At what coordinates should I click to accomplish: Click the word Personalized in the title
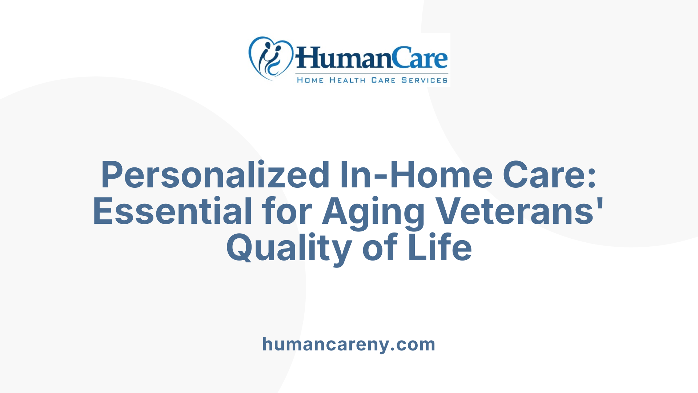pyautogui.click(x=215, y=175)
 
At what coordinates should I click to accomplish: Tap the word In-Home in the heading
pyautogui.click(x=416, y=175)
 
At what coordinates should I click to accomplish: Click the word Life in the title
pyautogui.click(x=440, y=248)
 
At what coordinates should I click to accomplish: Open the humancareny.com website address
pyautogui.click(x=349, y=344)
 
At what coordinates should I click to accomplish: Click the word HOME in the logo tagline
pyautogui.click(x=310, y=80)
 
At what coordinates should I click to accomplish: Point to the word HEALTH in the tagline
pyautogui.click(x=347, y=80)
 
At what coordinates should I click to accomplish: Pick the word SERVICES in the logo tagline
pyautogui.click(x=424, y=80)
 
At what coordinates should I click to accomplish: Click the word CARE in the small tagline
pyautogui.click(x=383, y=80)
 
